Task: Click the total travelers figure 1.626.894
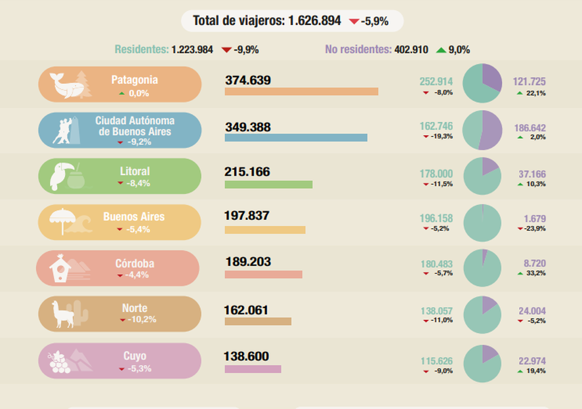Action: (x=314, y=21)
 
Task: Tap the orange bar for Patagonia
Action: (x=301, y=91)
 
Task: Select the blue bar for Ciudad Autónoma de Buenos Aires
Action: (x=295, y=138)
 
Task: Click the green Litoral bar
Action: (x=268, y=184)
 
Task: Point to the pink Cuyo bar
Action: (x=253, y=369)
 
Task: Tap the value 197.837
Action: (x=247, y=216)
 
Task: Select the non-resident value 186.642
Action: (x=530, y=128)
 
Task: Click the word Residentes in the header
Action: (x=141, y=49)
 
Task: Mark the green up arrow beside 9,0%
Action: (x=441, y=50)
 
